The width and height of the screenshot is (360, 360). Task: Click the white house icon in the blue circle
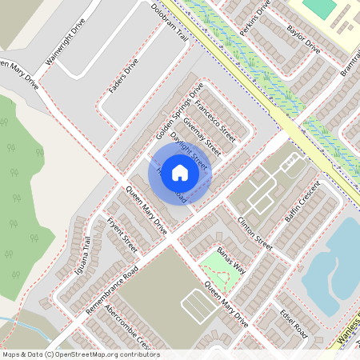180,172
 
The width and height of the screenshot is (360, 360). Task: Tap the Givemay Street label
201,134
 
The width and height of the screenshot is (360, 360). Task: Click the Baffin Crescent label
302,203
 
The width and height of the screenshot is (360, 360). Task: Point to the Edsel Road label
294,325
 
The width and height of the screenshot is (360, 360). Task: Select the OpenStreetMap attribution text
80,354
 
